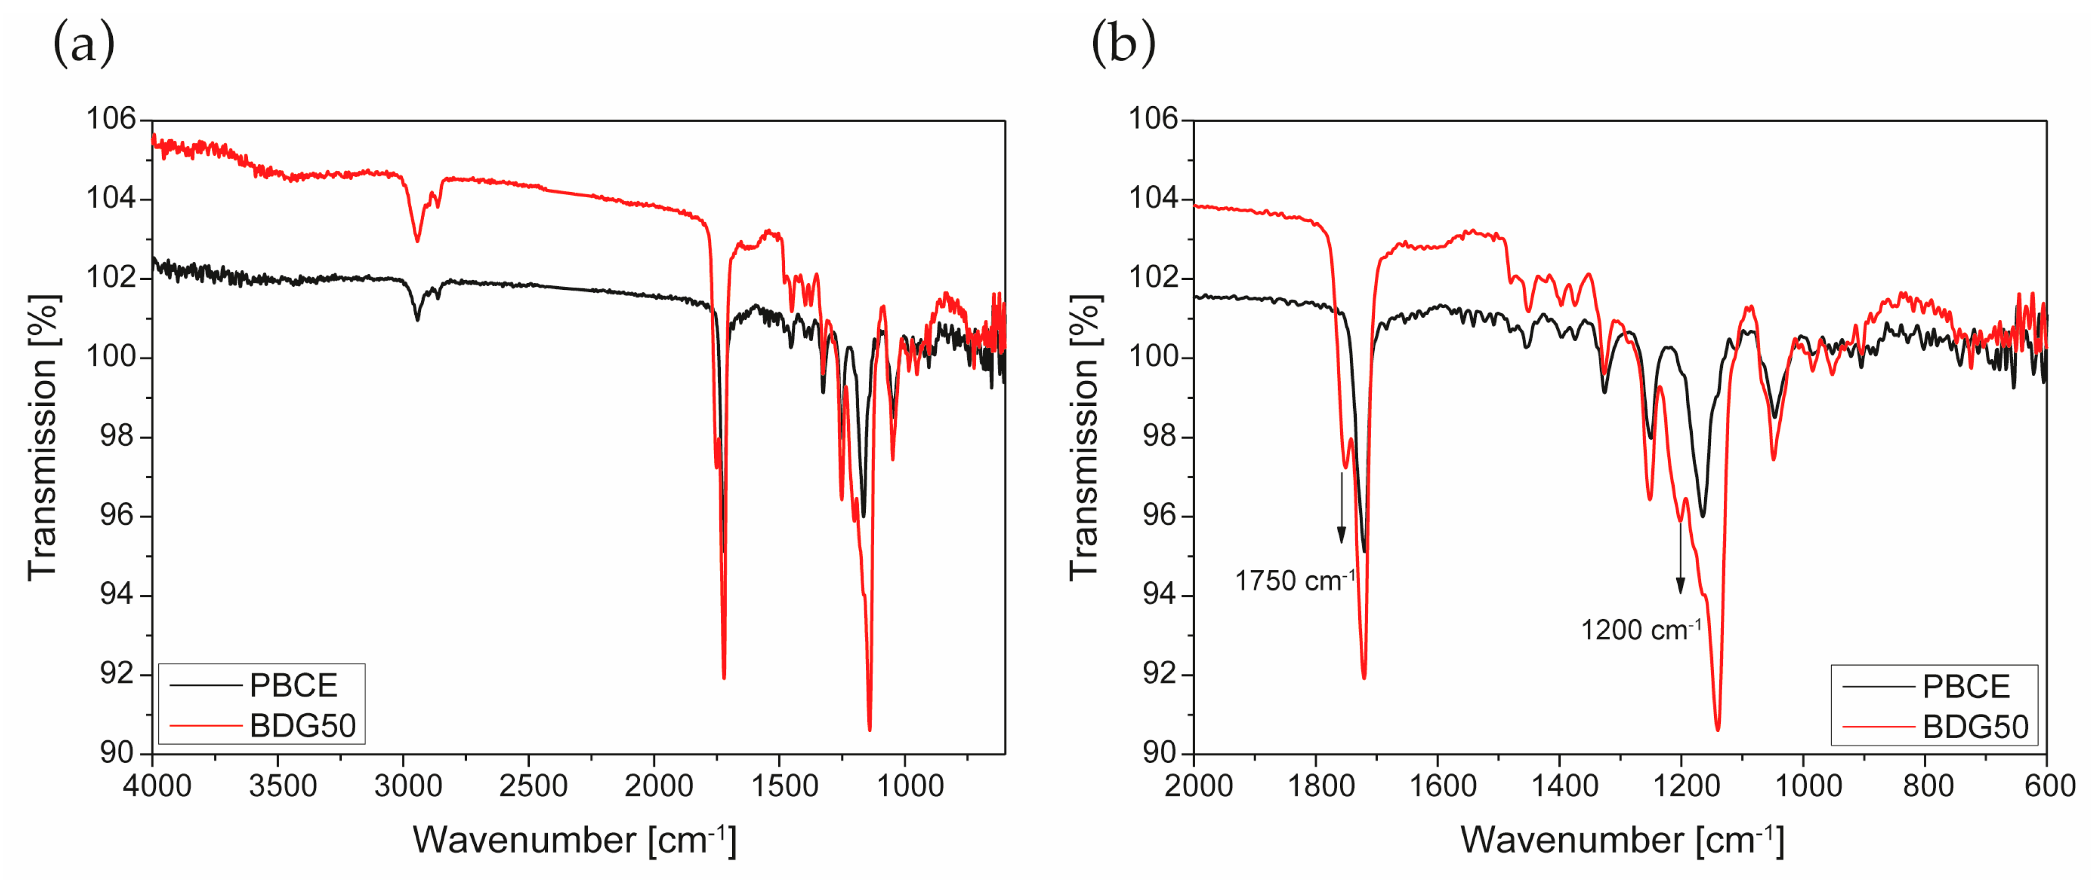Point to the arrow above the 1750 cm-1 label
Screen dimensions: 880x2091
[x=1342, y=507]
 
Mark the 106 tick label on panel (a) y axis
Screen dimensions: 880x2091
[x=112, y=120]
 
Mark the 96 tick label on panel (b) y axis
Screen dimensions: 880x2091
[x=1159, y=516]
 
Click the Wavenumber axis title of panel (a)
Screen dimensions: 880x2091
[x=574, y=840]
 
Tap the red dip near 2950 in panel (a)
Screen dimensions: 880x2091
[x=417, y=240]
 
